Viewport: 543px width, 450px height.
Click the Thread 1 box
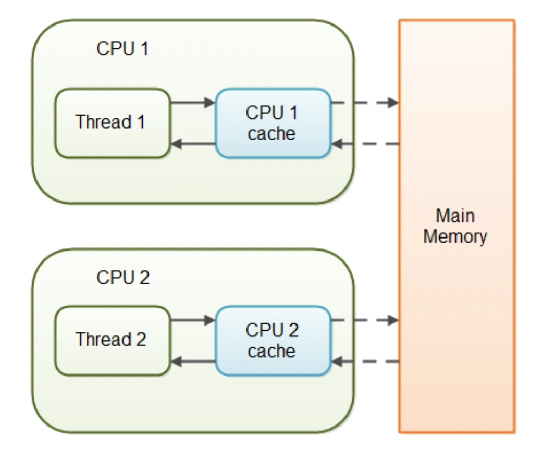(112, 122)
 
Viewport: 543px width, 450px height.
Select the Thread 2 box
(112, 340)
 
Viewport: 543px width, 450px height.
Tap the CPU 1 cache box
(273, 123)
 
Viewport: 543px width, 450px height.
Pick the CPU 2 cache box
(273, 341)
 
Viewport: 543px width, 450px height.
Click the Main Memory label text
(455, 227)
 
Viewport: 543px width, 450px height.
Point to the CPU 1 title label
(122, 49)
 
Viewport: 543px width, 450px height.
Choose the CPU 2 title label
(123, 278)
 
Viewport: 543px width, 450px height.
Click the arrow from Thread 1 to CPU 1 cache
(193, 103)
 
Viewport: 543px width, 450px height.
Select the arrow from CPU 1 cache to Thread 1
(193, 144)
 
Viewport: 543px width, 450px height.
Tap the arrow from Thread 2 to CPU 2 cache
(193, 320)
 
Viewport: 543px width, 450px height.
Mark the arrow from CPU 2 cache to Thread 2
(193, 360)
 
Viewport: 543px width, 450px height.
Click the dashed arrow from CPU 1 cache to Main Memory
(365, 103)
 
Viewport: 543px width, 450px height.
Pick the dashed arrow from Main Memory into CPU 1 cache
(365, 144)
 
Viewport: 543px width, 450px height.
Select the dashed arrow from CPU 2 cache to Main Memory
(365, 320)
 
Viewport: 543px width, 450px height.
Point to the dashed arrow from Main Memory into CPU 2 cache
(365, 360)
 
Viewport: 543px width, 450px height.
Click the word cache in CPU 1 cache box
(271, 134)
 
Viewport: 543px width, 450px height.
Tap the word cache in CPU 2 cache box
(271, 352)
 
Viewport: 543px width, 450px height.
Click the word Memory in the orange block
(455, 237)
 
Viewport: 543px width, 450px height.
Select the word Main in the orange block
(455, 216)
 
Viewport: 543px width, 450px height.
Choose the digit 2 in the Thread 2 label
(141, 340)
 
